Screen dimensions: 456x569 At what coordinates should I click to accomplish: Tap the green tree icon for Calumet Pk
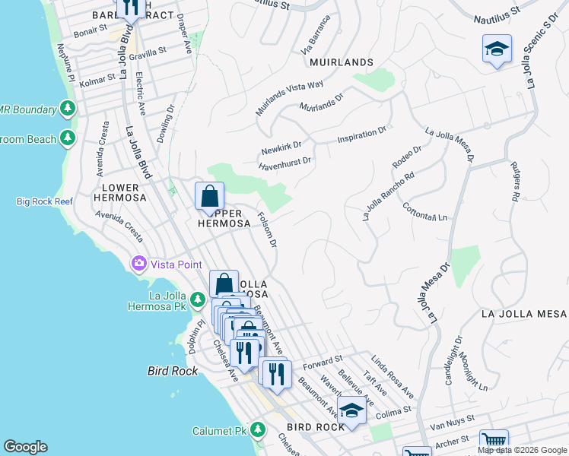[x=258, y=430]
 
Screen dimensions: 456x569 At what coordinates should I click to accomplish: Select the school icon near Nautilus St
[x=497, y=49]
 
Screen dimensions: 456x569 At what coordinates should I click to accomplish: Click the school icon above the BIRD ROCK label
[x=351, y=411]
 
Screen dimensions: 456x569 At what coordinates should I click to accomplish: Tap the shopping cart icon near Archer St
[x=494, y=442]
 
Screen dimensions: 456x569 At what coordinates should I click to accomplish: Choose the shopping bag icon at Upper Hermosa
[x=209, y=196]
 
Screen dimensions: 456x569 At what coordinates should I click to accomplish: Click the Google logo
[x=25, y=447]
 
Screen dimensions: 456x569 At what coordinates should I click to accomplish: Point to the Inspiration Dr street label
[x=362, y=136]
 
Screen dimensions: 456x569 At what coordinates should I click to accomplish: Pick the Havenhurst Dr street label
[x=285, y=162]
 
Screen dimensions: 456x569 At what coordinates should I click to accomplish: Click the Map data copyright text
[x=522, y=450]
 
